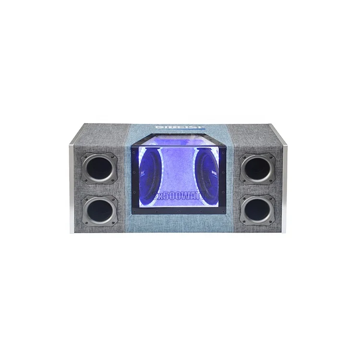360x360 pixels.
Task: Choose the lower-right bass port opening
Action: pyautogui.click(x=257, y=210)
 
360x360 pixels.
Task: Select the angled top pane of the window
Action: pyautogui.click(x=180, y=142)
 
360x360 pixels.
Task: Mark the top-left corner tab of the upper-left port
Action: pyautogui.click(x=84, y=156)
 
